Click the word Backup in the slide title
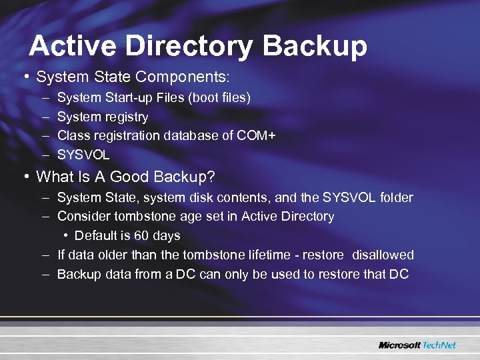click(315, 46)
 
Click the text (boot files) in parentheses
click(219, 98)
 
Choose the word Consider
click(83, 216)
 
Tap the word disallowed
click(383, 255)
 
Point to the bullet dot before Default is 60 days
click(67, 235)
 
